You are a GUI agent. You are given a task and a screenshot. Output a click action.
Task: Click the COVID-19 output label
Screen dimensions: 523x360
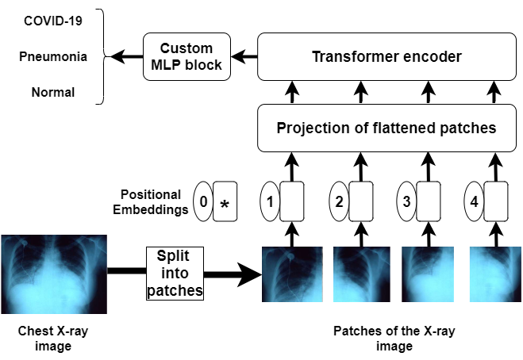(53, 21)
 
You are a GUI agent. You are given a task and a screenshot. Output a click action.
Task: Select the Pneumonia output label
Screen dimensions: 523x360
(53, 56)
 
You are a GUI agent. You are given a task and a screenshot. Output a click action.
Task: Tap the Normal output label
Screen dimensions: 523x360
(53, 92)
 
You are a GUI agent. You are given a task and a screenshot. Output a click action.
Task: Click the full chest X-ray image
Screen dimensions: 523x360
(54, 274)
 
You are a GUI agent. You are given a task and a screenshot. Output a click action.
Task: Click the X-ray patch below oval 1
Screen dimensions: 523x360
(292, 274)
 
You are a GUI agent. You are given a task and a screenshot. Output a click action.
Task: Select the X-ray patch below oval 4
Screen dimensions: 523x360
(495, 274)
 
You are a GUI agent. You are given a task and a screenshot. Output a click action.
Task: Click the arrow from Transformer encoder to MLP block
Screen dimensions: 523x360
(244, 56)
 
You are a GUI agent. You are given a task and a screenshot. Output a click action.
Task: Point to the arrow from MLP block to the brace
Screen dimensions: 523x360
(127, 56)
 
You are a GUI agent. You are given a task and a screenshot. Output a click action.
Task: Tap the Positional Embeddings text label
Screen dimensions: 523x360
(151, 202)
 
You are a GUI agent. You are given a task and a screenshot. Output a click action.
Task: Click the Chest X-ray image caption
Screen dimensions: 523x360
(53, 339)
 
